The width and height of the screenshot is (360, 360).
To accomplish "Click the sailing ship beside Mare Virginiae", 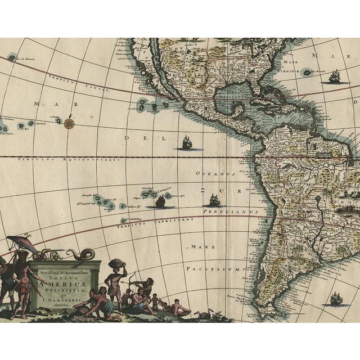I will (335, 76).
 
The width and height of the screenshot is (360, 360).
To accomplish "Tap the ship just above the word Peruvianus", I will (214, 199).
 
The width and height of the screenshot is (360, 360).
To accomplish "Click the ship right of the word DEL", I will (185, 143).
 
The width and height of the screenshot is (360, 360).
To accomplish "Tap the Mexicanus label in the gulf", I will (235, 96).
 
